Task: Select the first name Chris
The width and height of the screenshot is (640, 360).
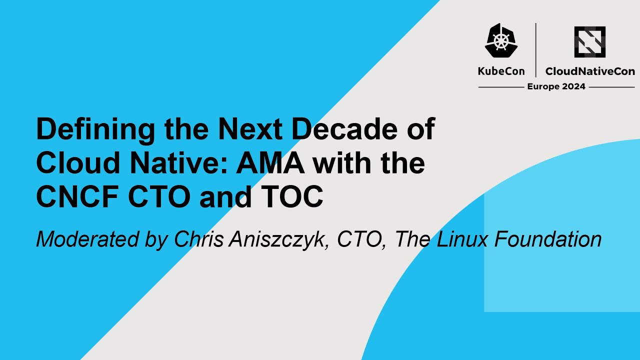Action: point(198,239)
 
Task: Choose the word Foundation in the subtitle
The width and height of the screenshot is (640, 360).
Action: point(548,239)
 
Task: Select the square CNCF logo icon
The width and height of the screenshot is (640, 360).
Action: point(590,42)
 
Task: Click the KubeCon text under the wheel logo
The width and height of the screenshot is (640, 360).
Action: point(501,71)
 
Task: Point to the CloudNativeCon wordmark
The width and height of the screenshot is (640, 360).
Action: point(590,71)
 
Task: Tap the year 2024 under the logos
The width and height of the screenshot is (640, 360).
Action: point(573,86)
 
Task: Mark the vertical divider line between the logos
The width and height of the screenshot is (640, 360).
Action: point(535,50)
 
